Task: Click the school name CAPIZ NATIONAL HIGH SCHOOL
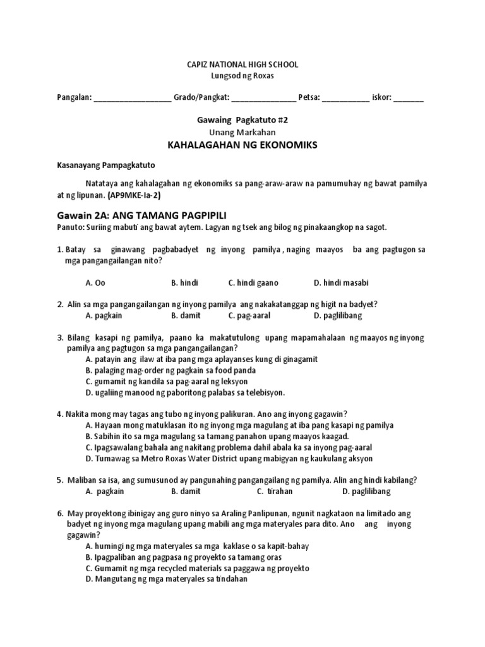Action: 242,64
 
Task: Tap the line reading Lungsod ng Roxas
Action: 242,76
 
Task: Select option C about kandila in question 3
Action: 166,382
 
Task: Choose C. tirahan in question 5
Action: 275,491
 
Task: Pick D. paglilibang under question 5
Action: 366,491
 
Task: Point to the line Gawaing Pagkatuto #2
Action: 242,119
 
